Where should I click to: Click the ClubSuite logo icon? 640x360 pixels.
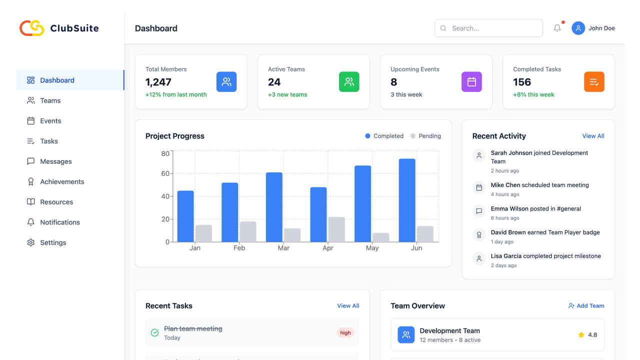(x=32, y=28)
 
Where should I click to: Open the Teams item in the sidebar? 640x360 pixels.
(x=50, y=100)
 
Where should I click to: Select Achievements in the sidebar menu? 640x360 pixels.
(x=62, y=181)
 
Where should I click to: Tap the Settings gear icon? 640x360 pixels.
(x=31, y=242)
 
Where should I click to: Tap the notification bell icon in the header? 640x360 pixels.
(x=557, y=28)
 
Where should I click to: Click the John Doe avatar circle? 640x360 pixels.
(x=578, y=28)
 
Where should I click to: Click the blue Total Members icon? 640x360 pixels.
(x=226, y=82)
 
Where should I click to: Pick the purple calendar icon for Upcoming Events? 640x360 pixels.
(x=471, y=82)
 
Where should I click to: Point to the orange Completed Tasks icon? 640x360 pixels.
(x=594, y=82)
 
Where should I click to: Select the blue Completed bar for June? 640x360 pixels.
(x=407, y=200)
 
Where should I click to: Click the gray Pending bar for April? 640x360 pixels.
(x=336, y=229)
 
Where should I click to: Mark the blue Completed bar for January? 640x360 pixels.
(x=185, y=216)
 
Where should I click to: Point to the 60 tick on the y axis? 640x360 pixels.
(x=165, y=173)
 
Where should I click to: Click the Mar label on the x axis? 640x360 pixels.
(x=283, y=248)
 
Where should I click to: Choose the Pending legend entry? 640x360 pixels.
(x=426, y=136)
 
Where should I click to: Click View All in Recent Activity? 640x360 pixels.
(x=593, y=136)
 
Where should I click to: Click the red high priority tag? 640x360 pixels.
(x=345, y=333)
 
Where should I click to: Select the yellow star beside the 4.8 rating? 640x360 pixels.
(x=581, y=335)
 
